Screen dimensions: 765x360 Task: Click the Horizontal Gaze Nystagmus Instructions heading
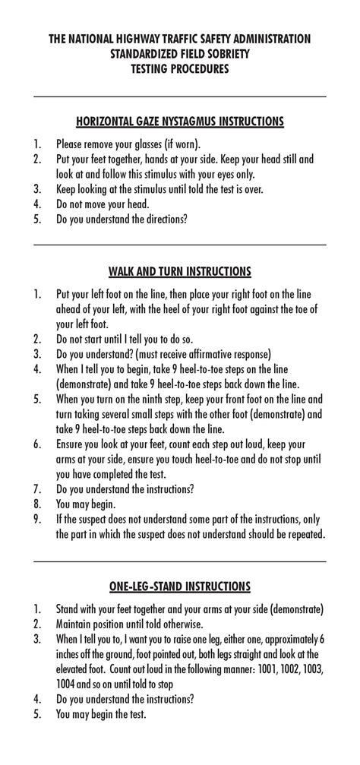click(180, 122)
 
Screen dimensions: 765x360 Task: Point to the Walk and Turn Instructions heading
click(180, 271)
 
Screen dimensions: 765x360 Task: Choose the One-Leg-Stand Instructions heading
click(180, 586)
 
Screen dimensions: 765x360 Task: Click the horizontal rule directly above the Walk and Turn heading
click(180, 244)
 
